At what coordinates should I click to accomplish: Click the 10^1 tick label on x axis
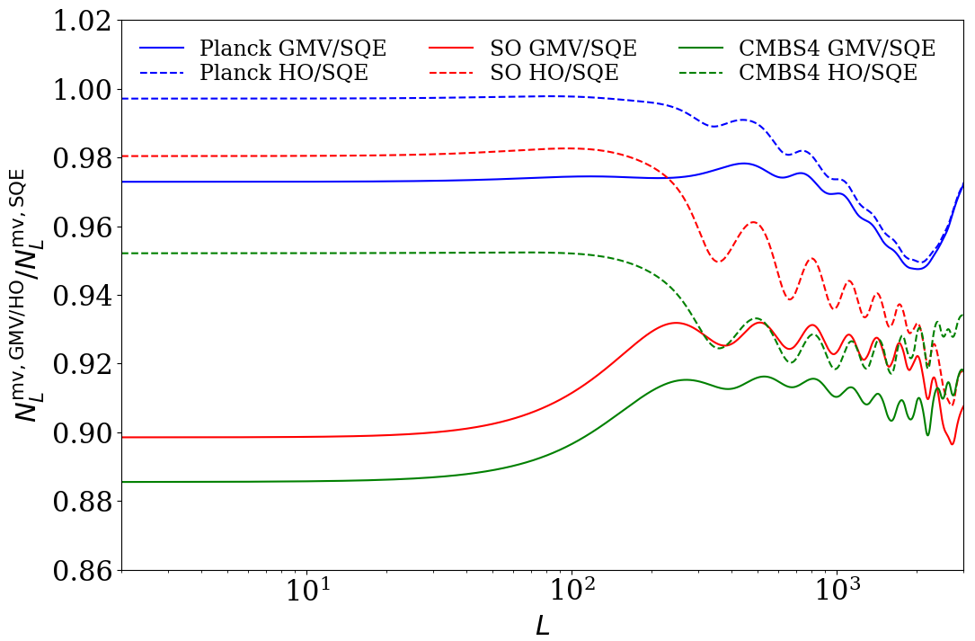pyautogui.click(x=306, y=594)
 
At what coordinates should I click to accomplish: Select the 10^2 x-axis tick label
pyautogui.click(x=572, y=594)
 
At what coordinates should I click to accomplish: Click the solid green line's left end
pyautogui.click(x=122, y=482)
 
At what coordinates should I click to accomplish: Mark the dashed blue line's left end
pyautogui.click(x=122, y=98)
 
